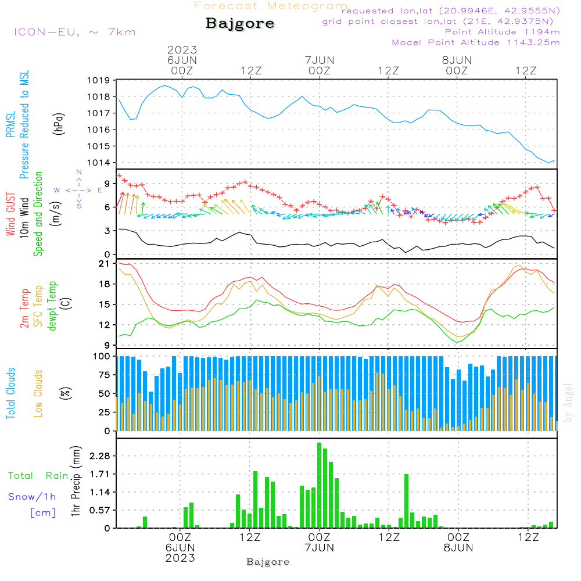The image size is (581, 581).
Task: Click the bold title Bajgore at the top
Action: [x=240, y=24]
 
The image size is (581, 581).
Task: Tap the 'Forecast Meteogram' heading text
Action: [x=271, y=6]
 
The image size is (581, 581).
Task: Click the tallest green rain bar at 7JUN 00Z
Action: [x=320, y=485]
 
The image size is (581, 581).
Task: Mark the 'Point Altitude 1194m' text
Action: [x=502, y=32]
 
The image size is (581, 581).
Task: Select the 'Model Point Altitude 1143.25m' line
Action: [x=476, y=42]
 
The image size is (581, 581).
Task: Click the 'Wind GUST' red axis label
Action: [x=10, y=214]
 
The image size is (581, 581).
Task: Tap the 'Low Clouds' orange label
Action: [x=38, y=392]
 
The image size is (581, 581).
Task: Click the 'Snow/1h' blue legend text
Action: [x=32, y=497]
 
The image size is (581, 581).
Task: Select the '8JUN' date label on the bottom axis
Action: [x=457, y=548]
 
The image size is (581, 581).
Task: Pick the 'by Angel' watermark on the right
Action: [x=568, y=403]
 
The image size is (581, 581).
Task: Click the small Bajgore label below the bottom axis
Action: [x=268, y=562]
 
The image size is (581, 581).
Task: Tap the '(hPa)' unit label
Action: [x=59, y=123]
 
